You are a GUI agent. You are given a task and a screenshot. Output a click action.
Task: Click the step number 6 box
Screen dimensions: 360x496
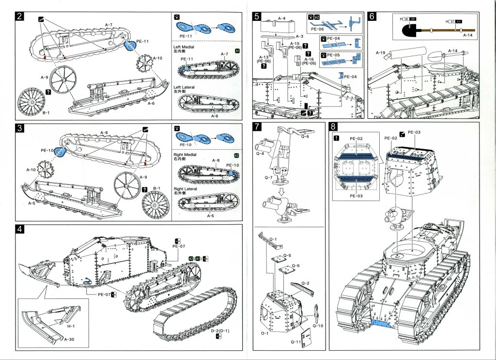[372, 16]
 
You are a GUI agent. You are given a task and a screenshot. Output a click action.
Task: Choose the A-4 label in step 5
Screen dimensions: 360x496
[281, 18]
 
